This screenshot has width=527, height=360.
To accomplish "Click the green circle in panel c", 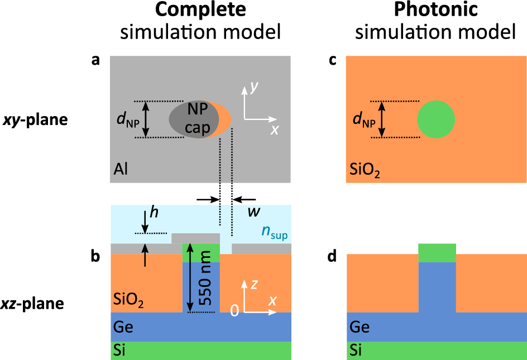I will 436,119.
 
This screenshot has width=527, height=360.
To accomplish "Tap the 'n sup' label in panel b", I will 274,232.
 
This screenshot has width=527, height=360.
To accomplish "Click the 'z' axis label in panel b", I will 255,284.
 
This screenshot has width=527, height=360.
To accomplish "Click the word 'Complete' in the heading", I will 200,12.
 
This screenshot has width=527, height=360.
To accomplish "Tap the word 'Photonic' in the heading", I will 435,12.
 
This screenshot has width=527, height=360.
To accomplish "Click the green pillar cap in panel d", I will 437,252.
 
